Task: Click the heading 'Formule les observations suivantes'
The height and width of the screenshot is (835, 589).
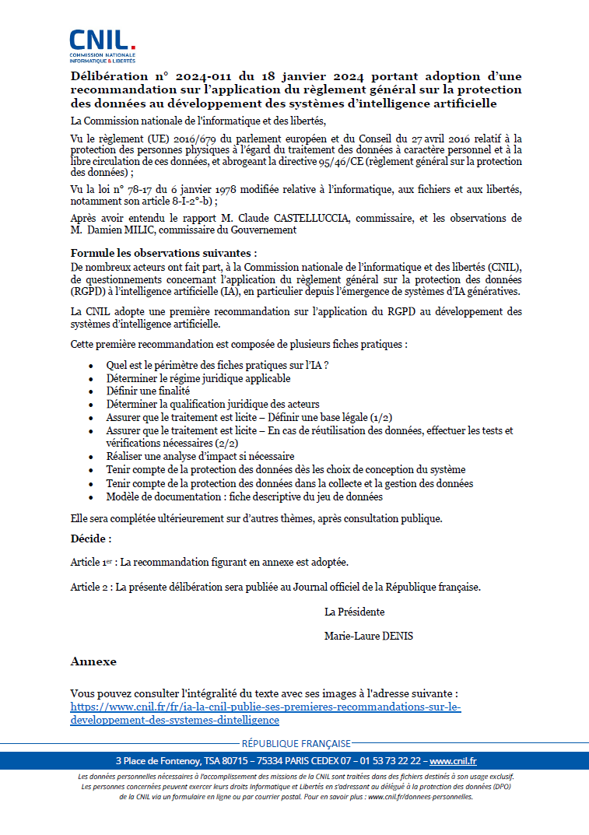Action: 163,254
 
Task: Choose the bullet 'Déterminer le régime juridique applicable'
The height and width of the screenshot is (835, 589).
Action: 198,378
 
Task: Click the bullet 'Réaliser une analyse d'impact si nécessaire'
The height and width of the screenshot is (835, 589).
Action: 200,456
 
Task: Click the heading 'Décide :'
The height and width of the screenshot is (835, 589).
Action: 91,539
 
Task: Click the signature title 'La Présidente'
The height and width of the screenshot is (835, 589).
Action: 354,612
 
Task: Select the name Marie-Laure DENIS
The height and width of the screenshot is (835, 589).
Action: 369,636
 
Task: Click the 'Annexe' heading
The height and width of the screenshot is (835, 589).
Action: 93,661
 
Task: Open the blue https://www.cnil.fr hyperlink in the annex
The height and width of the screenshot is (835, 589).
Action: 265,714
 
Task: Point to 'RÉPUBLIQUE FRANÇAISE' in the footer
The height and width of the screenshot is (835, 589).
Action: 296,743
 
